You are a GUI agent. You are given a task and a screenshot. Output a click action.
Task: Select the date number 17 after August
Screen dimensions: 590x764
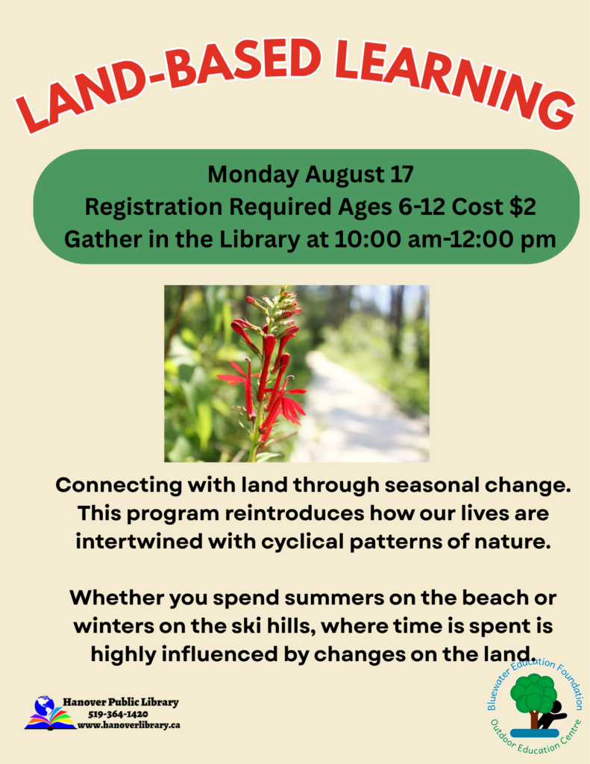point(401,175)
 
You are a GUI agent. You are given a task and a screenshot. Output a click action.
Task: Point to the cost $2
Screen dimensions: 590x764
point(523,207)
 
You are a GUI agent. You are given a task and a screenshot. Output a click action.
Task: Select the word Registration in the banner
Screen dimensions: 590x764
point(154,207)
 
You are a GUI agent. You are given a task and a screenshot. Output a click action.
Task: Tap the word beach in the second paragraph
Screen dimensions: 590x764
point(494,598)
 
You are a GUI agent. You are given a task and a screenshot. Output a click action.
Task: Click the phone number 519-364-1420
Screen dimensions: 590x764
point(118,714)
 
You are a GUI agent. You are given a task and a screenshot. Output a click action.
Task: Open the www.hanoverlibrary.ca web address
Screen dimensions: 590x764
point(128,725)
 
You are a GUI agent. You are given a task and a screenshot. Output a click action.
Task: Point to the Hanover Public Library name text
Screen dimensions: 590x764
point(120,702)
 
